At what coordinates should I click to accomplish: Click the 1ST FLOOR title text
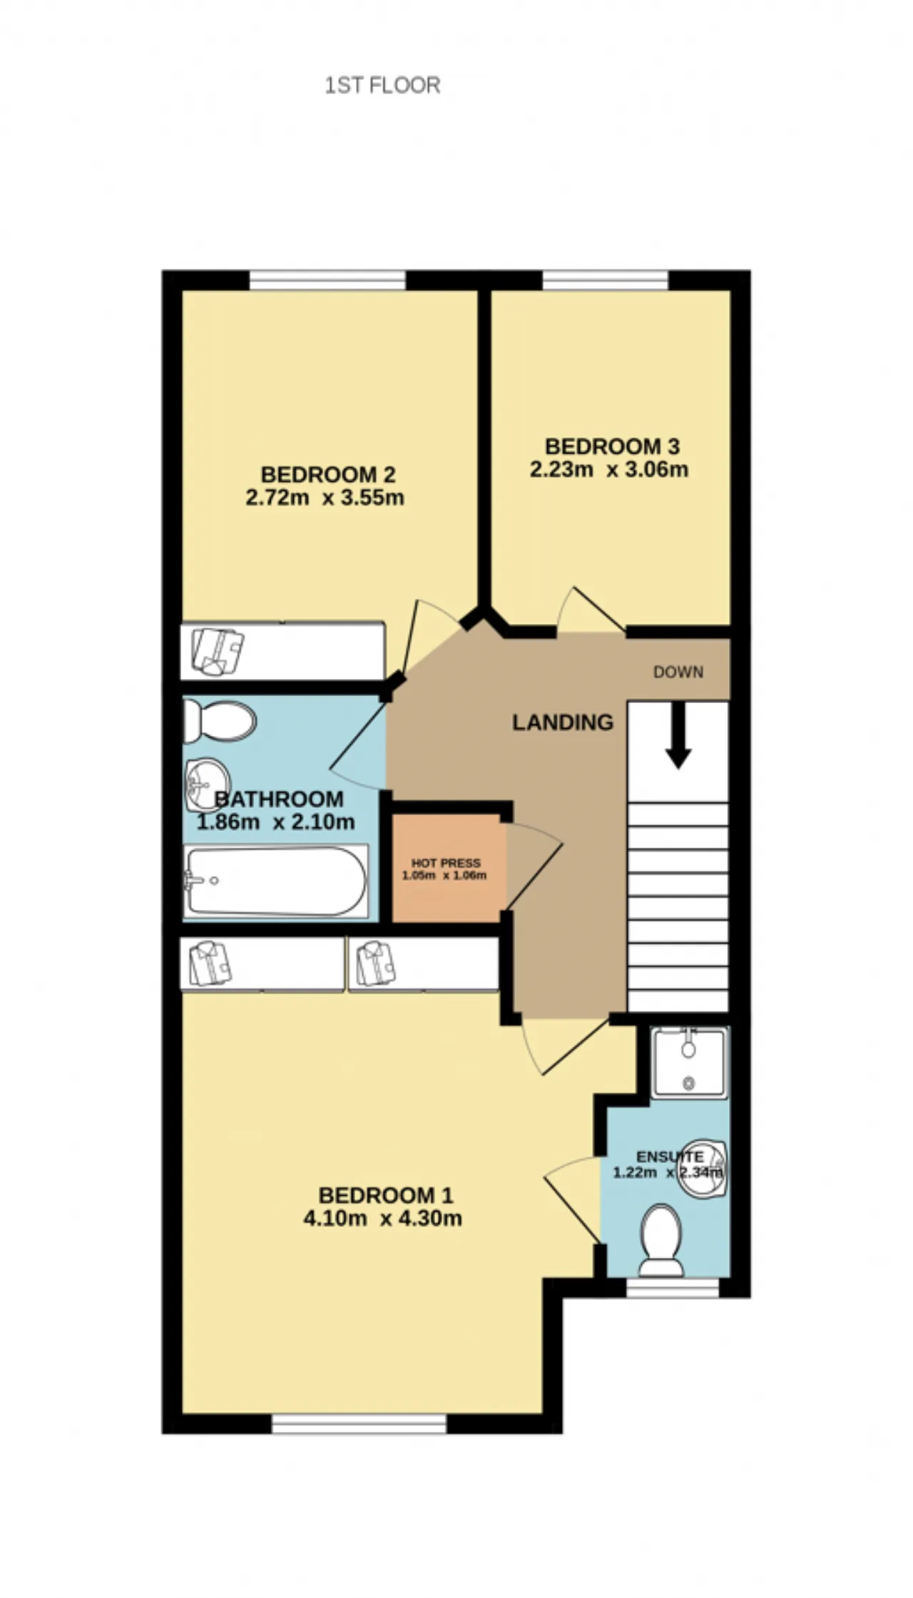click(x=382, y=86)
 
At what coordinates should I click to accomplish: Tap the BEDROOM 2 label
click(x=327, y=474)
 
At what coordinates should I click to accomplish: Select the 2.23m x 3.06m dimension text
click(x=609, y=470)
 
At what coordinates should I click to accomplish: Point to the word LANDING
click(x=563, y=722)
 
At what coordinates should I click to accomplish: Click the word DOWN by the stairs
click(x=678, y=672)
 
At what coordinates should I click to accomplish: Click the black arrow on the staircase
click(x=678, y=736)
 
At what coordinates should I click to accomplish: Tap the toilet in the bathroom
click(x=219, y=720)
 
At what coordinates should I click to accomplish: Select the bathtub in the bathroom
click(x=275, y=881)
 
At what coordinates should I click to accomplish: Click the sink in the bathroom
click(x=207, y=784)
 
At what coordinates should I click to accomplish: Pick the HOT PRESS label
click(x=446, y=863)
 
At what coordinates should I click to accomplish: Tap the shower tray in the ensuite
click(x=689, y=1062)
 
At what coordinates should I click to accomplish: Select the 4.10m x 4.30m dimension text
click(x=383, y=1219)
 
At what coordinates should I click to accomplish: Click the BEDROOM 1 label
click(x=385, y=1195)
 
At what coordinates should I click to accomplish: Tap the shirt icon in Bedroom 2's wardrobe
click(x=218, y=651)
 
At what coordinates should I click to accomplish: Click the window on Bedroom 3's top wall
click(x=606, y=280)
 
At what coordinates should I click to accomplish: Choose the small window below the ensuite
click(x=673, y=1287)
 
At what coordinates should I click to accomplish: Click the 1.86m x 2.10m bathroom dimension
click(x=275, y=822)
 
